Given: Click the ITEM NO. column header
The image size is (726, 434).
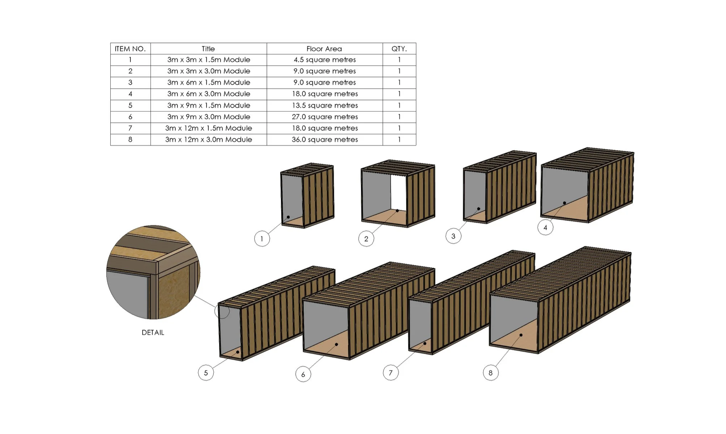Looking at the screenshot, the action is point(130,49).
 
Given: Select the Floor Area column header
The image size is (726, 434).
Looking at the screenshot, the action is point(324,49).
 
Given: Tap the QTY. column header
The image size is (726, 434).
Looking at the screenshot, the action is point(399,49).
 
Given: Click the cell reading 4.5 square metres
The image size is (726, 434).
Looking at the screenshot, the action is point(325,60).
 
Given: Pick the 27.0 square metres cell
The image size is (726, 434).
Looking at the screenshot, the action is point(325,117).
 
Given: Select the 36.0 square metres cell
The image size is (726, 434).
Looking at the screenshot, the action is point(325,140).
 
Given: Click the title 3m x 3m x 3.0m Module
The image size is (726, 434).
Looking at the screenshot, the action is point(209,71).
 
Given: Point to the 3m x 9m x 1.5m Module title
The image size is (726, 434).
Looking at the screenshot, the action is point(209,105).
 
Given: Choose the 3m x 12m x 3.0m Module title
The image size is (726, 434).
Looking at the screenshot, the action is point(209,140).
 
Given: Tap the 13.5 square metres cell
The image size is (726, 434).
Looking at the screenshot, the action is point(325,105).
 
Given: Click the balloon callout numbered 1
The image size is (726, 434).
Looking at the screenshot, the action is point(262,239).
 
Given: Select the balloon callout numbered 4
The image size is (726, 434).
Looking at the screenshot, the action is point(545,227).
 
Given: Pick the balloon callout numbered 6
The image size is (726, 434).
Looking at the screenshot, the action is point(303,374).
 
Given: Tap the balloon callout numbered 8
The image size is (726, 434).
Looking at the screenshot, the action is point(491,373).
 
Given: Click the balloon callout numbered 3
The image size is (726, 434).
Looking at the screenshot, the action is point(453,236).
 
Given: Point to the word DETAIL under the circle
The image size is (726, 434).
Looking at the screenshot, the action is point(153,333).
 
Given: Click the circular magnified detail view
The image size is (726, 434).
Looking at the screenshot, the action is point(153,272).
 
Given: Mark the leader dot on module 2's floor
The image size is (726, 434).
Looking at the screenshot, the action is point(397,211).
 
